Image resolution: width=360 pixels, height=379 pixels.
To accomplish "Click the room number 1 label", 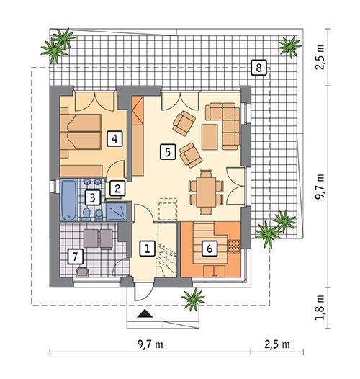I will coord(146,249).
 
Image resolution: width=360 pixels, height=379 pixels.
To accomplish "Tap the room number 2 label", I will coord(115,188).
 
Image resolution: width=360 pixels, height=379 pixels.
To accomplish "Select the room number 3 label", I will coord(91,197).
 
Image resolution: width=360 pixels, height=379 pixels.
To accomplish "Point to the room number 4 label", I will coord(112,138).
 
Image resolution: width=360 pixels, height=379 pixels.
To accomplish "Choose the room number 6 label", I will coord(209,248).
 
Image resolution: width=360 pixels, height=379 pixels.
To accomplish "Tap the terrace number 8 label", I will coord(258,68).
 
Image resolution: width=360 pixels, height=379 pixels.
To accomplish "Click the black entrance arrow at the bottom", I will coord(145,314).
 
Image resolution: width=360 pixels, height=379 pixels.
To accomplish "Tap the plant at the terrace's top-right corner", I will coord(290,45).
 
